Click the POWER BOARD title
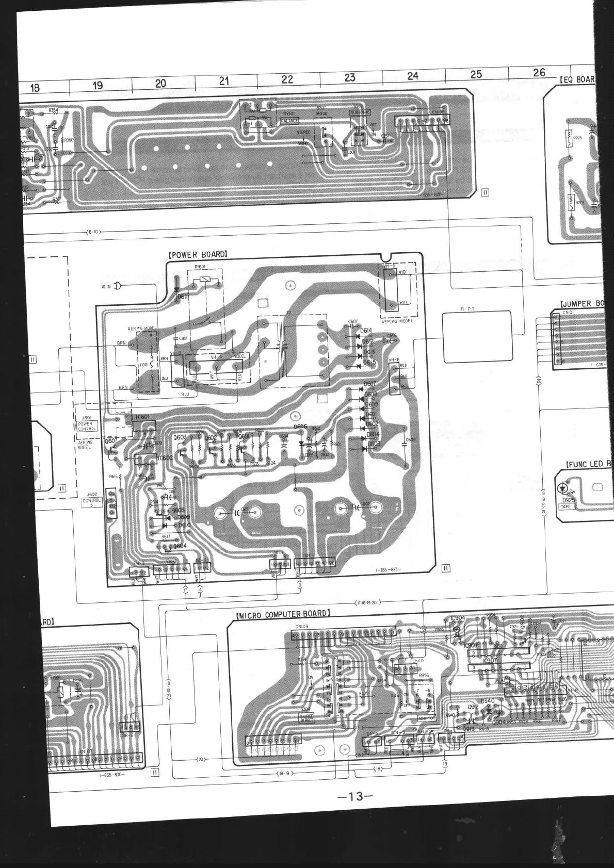[x=198, y=255]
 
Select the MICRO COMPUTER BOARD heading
[x=283, y=614]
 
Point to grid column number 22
[x=287, y=79]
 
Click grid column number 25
[x=476, y=74]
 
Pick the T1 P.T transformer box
[x=477, y=336]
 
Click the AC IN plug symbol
[x=117, y=286]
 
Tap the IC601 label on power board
[x=143, y=417]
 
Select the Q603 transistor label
[x=180, y=437]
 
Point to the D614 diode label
[x=366, y=331]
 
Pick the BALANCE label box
[x=289, y=121]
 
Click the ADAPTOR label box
[x=426, y=717]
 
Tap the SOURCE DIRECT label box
[x=306, y=718]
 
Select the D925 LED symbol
[x=563, y=487]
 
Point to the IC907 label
[x=490, y=661]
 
